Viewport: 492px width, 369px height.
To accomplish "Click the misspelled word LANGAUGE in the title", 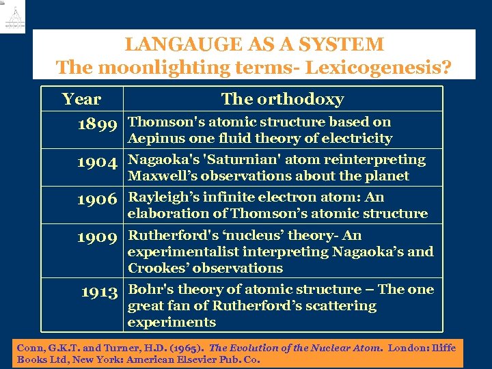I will pos(178,45).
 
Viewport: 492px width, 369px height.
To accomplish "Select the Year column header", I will pos(81,99).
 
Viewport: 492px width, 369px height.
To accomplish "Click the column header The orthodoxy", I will pos(282,99).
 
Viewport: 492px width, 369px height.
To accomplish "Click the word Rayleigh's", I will pos(161,197).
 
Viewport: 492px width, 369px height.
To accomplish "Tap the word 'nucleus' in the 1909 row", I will pos(256,235).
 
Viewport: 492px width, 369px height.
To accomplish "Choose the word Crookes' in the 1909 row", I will pos(156,268).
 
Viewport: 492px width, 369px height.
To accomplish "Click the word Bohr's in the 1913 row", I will pos(150,289).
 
